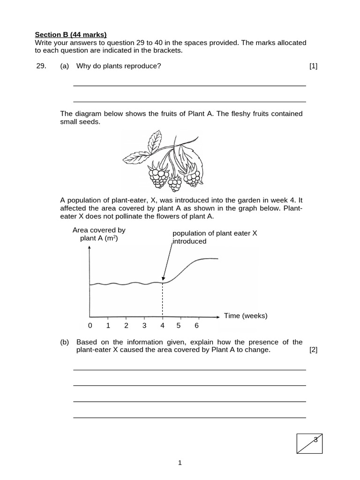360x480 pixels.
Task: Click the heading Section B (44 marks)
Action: click(71, 34)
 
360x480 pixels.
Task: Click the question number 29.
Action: click(41, 66)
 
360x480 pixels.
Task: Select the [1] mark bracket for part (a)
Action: click(313, 66)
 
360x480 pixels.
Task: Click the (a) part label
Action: click(65, 66)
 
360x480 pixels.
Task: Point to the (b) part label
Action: click(65, 342)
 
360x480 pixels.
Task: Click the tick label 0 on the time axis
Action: click(90, 325)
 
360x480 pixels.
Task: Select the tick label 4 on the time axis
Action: click(162, 325)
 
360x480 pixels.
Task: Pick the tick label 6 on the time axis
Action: click(196, 325)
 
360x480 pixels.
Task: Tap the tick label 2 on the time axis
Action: click(126, 325)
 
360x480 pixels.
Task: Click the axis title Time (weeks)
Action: click(246, 315)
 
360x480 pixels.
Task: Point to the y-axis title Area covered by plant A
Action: click(99, 234)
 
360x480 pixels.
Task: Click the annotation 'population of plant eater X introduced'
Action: click(215, 237)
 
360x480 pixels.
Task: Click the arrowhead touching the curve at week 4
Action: click(163, 280)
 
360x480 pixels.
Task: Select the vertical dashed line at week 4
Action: click(163, 300)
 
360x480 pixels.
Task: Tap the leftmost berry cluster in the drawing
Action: click(158, 176)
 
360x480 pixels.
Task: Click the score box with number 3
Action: click(309, 443)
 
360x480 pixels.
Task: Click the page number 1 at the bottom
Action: click(180, 463)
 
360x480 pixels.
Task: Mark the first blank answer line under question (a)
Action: click(189, 85)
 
